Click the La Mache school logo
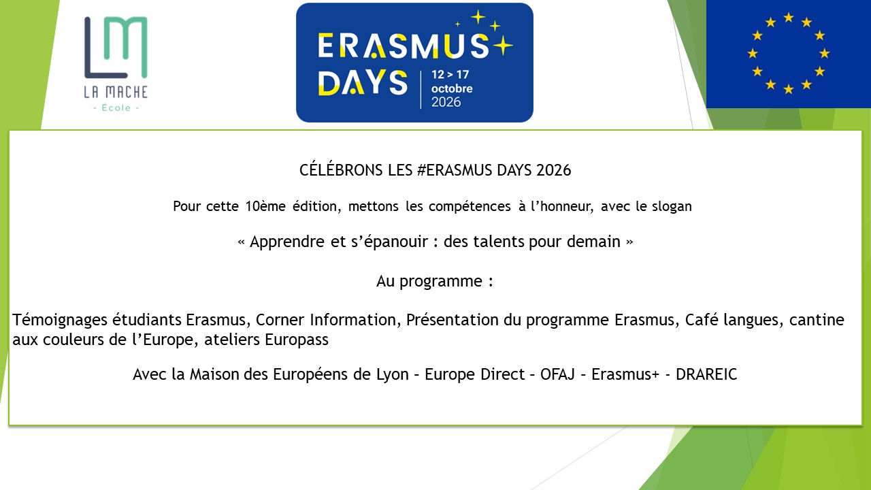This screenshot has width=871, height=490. [116, 64]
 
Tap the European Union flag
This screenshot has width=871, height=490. [789, 54]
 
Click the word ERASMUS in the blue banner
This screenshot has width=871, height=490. [404, 46]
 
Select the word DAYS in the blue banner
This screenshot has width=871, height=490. [363, 82]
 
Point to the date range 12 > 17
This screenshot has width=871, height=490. [450, 74]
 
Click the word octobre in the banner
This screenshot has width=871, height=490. [452, 88]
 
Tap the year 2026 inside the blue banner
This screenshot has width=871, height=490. [446, 102]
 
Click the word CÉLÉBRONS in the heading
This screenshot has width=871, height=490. [341, 170]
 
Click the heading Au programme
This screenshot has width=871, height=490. [435, 281]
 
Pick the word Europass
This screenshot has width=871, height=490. [297, 340]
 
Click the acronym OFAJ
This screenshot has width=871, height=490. [557, 374]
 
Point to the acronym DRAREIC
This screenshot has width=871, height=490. [706, 374]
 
